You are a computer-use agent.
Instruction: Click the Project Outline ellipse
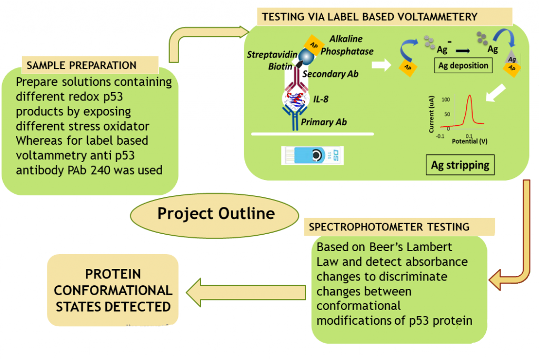coord(216,213)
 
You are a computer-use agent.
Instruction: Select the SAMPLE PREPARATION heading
coord(82,65)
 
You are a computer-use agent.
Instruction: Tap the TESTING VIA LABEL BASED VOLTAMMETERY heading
coord(370,16)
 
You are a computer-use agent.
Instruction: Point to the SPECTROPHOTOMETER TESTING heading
coord(389,227)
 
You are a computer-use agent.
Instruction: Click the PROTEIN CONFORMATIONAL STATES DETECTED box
coord(113,290)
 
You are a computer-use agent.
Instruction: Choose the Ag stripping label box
coord(460,165)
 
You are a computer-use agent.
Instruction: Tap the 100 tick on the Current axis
coord(446,99)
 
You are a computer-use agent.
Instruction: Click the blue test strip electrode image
coord(313,155)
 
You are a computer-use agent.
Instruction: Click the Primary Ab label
coord(324,122)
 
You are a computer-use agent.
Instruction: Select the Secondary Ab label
coord(330,74)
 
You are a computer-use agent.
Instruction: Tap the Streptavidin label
coord(272,55)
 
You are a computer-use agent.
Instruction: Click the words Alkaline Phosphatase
coord(347,45)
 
